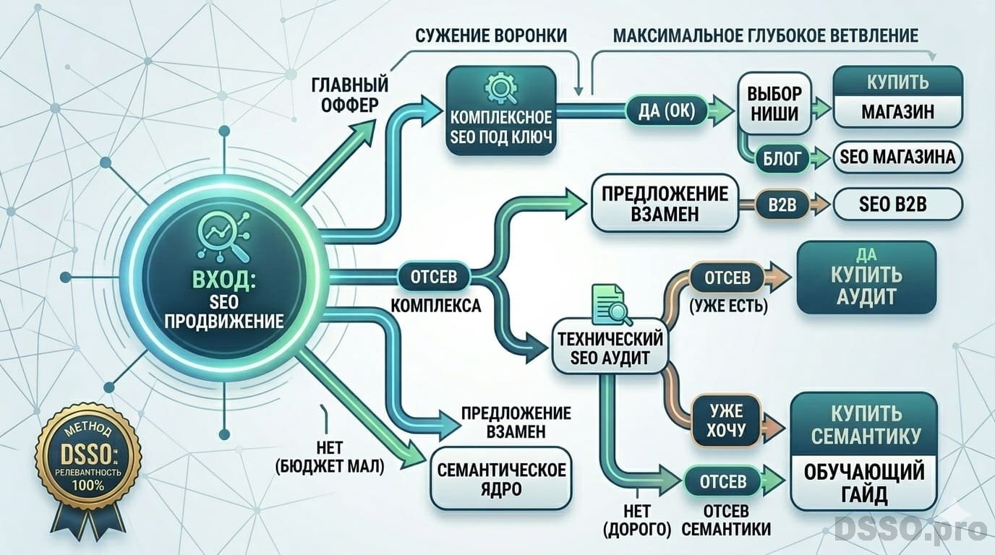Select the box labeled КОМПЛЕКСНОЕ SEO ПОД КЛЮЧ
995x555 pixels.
pyautogui.click(x=501, y=111)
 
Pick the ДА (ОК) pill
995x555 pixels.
pyautogui.click(x=666, y=111)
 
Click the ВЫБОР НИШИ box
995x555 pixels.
pyautogui.click(x=774, y=103)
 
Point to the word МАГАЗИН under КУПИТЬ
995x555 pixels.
pyautogui.click(x=898, y=112)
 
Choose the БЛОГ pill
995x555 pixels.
pyautogui.click(x=782, y=158)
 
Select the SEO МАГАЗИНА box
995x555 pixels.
pyautogui.click(x=897, y=157)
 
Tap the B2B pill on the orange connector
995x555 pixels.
pyautogui.click(x=782, y=205)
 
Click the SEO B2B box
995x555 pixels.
pyautogui.click(x=897, y=205)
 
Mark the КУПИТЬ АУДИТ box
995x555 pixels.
pyautogui.click(x=866, y=277)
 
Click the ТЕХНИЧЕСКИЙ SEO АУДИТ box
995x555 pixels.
pyautogui.click(x=610, y=348)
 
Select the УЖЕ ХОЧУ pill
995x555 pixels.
pyautogui.click(x=725, y=420)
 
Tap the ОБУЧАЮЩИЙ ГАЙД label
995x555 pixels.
pyautogui.click(x=864, y=483)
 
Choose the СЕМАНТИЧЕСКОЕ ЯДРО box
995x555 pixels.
pyautogui.click(x=501, y=478)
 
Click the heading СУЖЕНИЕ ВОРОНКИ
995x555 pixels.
pyautogui.click(x=491, y=35)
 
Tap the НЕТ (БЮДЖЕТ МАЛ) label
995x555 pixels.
pyautogui.click(x=330, y=457)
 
